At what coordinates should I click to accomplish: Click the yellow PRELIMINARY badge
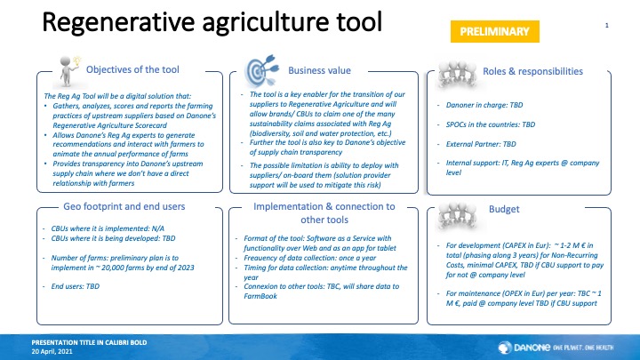tap(495, 31)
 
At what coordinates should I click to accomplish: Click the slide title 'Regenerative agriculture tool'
tap(212, 22)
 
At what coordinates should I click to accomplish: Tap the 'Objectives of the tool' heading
tap(132, 69)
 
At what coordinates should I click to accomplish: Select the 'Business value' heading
tap(319, 70)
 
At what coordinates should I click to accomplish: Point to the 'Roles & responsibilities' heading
tap(532, 71)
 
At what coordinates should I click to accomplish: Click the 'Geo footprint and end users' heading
tap(124, 206)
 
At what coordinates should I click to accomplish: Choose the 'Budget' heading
tap(504, 209)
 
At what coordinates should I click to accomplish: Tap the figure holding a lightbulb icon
tap(68, 72)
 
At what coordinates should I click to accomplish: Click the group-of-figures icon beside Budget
tap(457, 215)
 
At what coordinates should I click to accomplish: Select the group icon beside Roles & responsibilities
tap(457, 75)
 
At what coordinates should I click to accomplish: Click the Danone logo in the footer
tap(556, 348)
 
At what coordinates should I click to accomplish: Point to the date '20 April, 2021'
tap(52, 351)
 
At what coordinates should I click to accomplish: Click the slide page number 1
tap(606, 25)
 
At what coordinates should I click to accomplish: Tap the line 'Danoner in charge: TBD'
tap(484, 105)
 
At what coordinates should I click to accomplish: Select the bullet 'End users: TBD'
tap(75, 286)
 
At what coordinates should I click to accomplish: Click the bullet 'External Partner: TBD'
tap(481, 144)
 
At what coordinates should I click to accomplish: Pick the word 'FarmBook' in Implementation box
tap(260, 296)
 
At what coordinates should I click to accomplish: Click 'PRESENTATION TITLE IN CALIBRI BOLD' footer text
tap(89, 342)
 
